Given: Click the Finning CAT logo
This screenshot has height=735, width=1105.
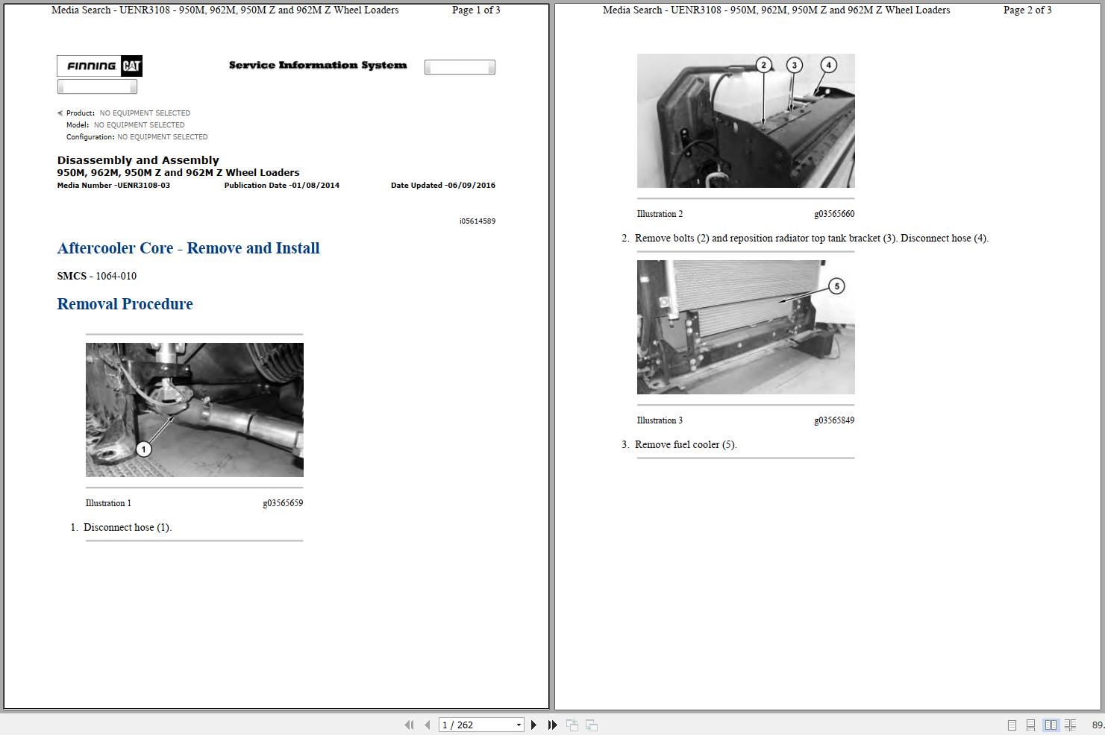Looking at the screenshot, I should coord(99,66).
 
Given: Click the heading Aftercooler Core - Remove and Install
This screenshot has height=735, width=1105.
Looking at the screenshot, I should coord(188,248).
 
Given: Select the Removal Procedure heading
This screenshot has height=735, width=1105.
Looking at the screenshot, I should coord(125,304).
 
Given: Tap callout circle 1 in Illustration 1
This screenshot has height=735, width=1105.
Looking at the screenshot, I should coord(143,449).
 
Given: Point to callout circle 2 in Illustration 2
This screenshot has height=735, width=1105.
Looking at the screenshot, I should coord(763,65).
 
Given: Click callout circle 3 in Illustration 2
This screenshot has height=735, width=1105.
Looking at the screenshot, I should coord(794,65).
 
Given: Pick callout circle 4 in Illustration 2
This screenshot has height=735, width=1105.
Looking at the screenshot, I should coord(828,65).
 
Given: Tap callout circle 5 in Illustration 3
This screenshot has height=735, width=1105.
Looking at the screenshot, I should coord(836,286).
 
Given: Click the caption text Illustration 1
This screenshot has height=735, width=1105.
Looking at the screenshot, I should coord(108,503).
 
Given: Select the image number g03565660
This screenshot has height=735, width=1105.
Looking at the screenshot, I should coord(834,214).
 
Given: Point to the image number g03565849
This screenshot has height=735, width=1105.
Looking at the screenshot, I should coord(834,420).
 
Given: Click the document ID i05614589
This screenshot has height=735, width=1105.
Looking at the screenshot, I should coord(478,221).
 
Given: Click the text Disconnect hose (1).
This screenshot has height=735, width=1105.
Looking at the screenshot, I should coord(128,528).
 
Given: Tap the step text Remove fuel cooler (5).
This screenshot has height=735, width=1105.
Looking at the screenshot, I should coord(686,445).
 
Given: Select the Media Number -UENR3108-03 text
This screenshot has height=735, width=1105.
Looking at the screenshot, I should coord(113,186).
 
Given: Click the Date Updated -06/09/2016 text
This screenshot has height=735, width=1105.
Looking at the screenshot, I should coord(442,186).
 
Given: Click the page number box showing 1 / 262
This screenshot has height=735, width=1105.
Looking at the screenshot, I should coord(481,725).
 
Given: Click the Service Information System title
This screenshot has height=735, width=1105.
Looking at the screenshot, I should coord(318,66).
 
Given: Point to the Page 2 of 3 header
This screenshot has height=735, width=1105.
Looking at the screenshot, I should coord(1027,10).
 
